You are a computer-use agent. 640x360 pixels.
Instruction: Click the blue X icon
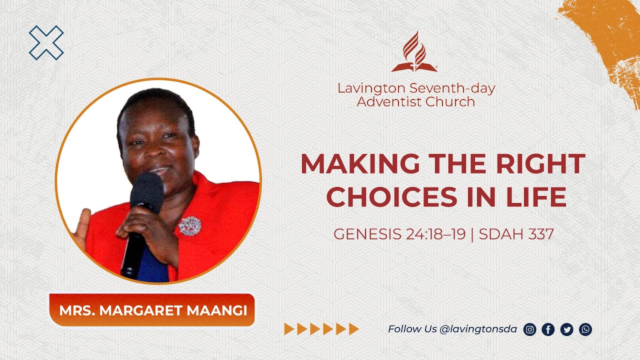tap(46, 42)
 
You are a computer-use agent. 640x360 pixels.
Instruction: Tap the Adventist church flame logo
tap(414, 52)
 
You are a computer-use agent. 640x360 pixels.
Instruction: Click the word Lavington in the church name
tap(371, 88)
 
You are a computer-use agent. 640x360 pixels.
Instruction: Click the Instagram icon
tap(529, 329)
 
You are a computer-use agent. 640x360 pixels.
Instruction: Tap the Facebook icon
tap(548, 329)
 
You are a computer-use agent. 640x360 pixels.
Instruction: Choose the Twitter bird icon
tap(566, 329)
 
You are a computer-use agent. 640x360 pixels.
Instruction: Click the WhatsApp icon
tap(585, 329)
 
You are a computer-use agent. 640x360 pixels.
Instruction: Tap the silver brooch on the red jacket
tap(189, 226)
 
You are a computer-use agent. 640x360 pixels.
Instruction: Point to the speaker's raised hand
tap(81, 227)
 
